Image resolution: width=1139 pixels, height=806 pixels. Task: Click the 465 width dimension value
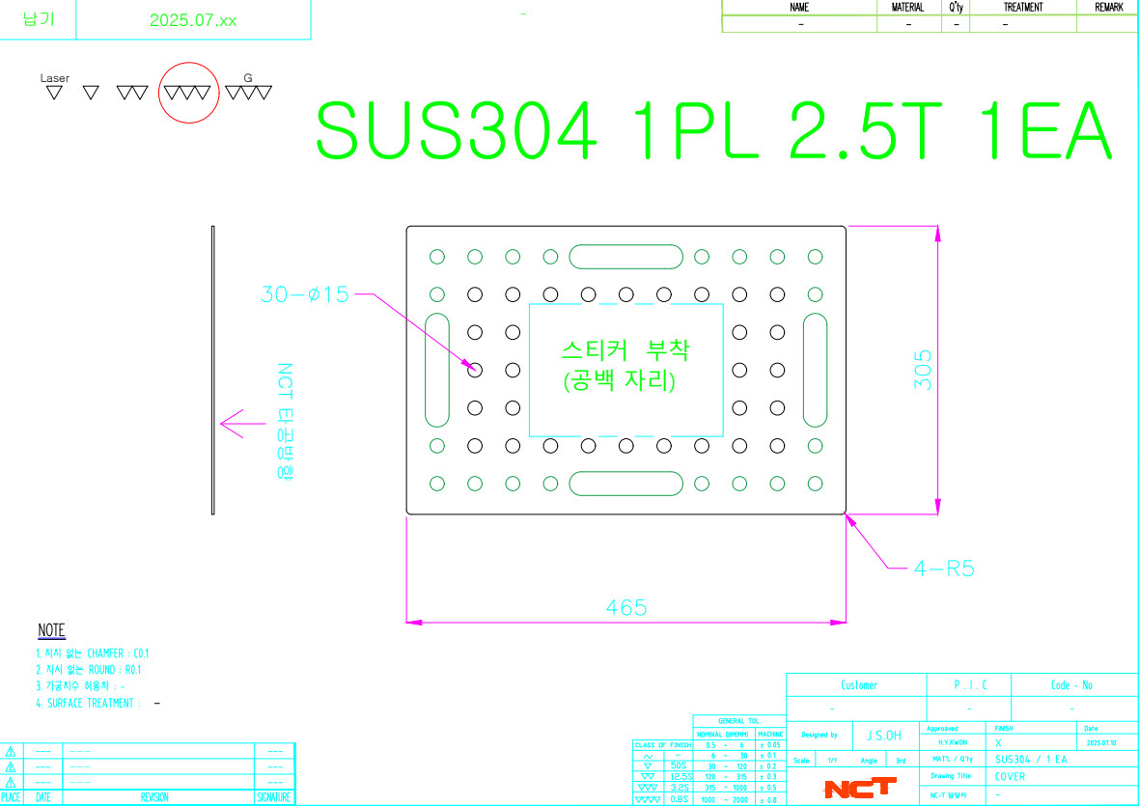point(626,607)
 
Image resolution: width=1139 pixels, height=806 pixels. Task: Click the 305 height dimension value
point(924,369)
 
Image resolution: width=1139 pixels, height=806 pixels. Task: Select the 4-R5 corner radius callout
point(944,569)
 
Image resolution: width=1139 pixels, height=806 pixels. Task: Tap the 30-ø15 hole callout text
point(304,295)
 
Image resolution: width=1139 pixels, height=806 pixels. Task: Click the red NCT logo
point(859,789)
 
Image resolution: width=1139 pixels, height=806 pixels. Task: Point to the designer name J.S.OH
point(884,736)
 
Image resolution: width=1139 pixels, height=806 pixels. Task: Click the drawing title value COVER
point(1011,776)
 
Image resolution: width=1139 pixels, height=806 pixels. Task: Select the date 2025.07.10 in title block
point(1100,743)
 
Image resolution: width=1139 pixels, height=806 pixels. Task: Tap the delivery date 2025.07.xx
point(193,20)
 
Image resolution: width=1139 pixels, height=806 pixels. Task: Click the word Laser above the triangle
point(55,77)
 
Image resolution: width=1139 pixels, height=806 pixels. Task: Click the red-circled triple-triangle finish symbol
point(187,93)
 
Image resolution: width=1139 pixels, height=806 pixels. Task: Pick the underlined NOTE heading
point(51,630)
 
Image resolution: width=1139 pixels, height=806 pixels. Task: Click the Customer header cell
point(859,685)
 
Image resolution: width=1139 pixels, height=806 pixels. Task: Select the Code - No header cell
point(1071,685)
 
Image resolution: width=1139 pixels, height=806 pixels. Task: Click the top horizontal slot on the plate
point(625,257)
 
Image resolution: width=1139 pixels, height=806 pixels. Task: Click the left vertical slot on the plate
point(437,369)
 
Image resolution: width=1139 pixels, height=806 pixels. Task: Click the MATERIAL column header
point(907,7)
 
